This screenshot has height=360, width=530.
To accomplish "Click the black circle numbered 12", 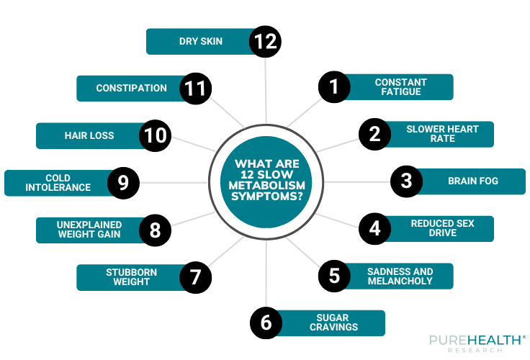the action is [265, 42].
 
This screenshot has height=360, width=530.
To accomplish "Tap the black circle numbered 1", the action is [334, 87].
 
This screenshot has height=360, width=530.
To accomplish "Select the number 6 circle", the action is [266, 323].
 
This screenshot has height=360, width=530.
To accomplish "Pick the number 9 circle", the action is [123, 183].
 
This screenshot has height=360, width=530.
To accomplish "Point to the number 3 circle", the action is [406, 181].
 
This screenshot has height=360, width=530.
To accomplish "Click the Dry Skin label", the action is [201, 41].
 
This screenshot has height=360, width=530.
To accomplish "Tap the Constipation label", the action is [131, 89].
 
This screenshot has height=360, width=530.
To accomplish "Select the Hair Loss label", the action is [89, 135].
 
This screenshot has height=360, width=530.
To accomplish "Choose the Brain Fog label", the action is [473, 181].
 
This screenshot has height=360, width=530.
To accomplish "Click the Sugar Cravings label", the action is [333, 323].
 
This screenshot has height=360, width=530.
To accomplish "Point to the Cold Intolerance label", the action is [58, 183].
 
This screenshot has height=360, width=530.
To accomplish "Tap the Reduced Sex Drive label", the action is [442, 228].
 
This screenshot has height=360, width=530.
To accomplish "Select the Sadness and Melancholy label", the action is [400, 276].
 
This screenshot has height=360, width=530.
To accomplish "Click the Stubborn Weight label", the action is [131, 277].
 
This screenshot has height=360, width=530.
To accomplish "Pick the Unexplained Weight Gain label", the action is [89, 230].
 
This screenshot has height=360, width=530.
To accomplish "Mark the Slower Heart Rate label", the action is [442, 134].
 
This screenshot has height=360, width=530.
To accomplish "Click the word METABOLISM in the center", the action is [266, 185].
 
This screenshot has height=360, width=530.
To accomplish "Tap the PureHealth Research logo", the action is [477, 343].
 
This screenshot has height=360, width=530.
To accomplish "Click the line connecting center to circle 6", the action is [266, 273].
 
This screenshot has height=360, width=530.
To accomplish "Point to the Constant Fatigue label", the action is [401, 87].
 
